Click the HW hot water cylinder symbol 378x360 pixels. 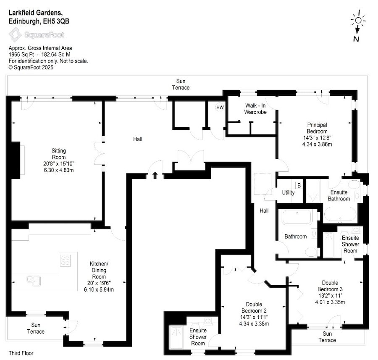click(x=220, y=107)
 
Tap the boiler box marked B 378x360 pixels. click(x=299, y=185)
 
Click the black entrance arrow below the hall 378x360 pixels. click(x=155, y=175)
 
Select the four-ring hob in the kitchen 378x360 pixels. click(x=65, y=260)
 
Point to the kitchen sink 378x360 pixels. click(x=34, y=281)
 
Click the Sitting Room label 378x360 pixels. click(x=58, y=154)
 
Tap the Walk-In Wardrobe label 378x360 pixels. click(x=255, y=109)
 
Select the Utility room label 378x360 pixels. click(x=288, y=192)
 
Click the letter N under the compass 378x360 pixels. click(x=356, y=39)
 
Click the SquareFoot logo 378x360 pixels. click(x=37, y=35)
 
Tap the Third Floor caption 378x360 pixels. click(x=21, y=353)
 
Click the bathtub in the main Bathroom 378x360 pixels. click(x=297, y=217)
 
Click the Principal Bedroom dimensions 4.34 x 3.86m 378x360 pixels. click(x=317, y=144)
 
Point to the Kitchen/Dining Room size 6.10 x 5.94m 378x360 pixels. click(x=99, y=289)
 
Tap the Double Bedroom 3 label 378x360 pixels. click(x=330, y=286)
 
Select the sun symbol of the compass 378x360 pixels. click(x=358, y=20)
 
